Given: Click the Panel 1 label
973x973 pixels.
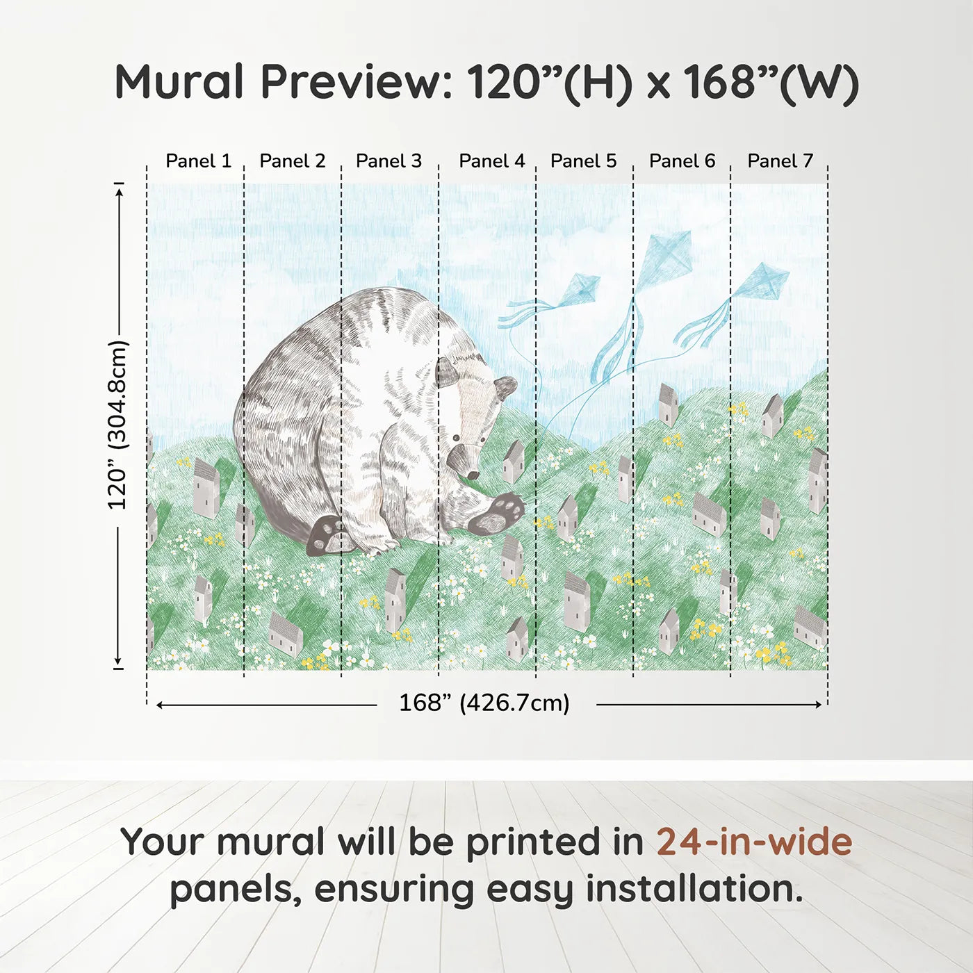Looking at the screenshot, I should tap(198, 161).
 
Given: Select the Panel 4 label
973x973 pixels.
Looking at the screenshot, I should tap(491, 161).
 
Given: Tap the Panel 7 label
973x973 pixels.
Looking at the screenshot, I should tap(780, 161).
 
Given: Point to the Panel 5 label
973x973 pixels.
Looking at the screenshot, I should tap(583, 161).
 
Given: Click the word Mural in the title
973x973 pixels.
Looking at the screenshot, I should tap(179, 82).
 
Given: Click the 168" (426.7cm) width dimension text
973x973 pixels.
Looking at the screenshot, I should tap(484, 703).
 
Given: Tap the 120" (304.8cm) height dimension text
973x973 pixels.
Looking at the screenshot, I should tap(117, 425).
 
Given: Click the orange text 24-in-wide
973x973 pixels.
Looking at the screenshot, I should tap(754, 842).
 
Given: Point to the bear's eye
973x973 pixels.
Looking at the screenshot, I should tap(455, 439).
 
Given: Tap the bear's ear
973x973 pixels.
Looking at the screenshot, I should tap(506, 387).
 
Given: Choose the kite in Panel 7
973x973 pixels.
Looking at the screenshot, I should tap(763, 281).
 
